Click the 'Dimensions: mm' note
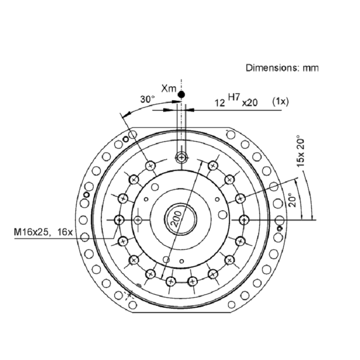point(282,68)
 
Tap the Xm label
point(169,88)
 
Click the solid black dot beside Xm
point(181,94)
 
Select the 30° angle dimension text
point(147,99)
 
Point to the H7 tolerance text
point(234,97)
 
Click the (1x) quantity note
point(280,101)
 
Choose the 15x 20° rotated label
point(300,153)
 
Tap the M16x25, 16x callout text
point(43,232)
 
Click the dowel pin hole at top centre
point(181,157)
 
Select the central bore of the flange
point(180,220)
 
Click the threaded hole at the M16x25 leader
point(119,220)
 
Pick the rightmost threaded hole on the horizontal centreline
point(244,220)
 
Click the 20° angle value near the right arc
point(292,200)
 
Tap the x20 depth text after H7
point(250,103)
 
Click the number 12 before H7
point(220,103)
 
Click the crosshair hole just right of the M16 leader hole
point(138,220)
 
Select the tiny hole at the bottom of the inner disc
point(181,261)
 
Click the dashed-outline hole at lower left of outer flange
point(129,295)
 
